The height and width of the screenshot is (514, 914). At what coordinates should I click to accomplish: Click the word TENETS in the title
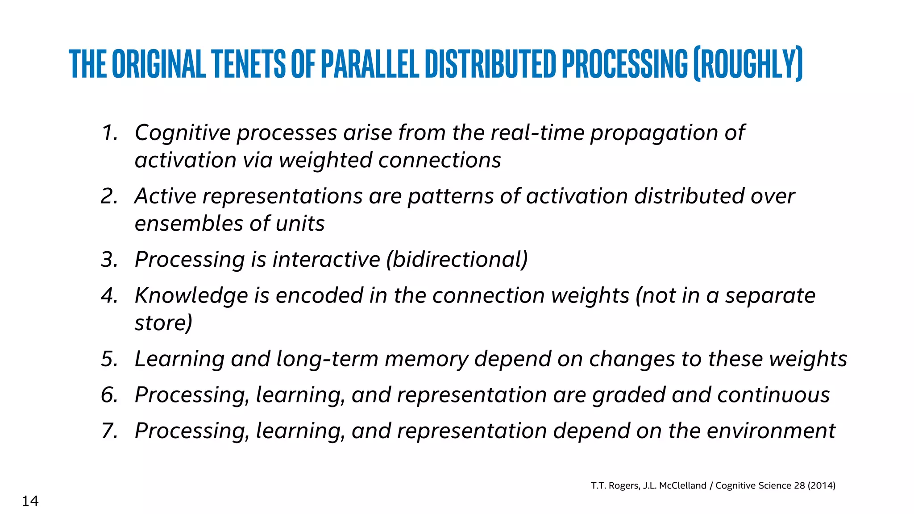(x=248, y=64)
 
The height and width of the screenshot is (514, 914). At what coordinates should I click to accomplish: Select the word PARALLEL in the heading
(x=370, y=64)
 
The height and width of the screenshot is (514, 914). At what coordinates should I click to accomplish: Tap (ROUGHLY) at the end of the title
(x=748, y=64)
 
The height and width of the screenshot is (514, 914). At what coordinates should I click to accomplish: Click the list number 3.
(x=109, y=260)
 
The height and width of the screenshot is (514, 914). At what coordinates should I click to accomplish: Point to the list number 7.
(x=109, y=431)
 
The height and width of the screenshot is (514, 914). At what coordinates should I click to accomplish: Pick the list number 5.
(x=109, y=359)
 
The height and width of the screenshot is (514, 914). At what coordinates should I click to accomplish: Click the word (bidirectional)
(x=457, y=260)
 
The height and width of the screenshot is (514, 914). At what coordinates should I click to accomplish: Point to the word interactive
(x=326, y=260)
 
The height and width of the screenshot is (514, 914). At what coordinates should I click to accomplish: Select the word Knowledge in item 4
(x=191, y=296)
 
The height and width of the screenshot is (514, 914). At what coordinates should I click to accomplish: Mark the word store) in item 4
(x=163, y=323)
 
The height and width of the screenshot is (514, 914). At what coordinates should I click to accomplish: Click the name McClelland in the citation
(x=682, y=485)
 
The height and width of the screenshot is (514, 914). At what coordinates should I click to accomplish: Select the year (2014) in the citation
(x=821, y=485)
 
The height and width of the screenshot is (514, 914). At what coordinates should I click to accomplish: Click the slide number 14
(x=30, y=501)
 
